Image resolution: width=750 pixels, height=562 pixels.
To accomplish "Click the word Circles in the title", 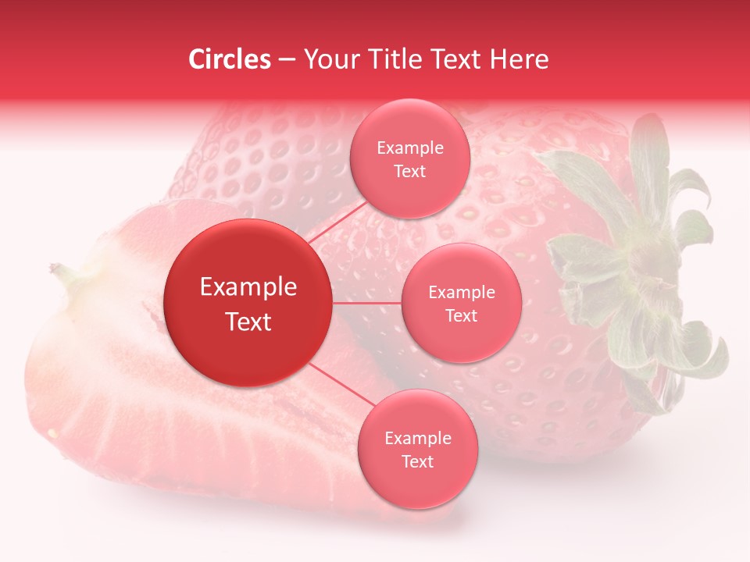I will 230,59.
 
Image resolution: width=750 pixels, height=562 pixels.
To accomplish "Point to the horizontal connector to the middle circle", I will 366,303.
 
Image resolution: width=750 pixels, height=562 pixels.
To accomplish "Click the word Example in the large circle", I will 248,287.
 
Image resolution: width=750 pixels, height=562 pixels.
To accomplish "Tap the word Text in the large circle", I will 248,322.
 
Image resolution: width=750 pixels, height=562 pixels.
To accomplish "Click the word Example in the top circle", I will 409,148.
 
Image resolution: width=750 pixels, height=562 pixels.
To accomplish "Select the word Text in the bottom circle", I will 417,462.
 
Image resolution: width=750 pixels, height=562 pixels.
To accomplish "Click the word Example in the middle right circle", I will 461,293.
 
